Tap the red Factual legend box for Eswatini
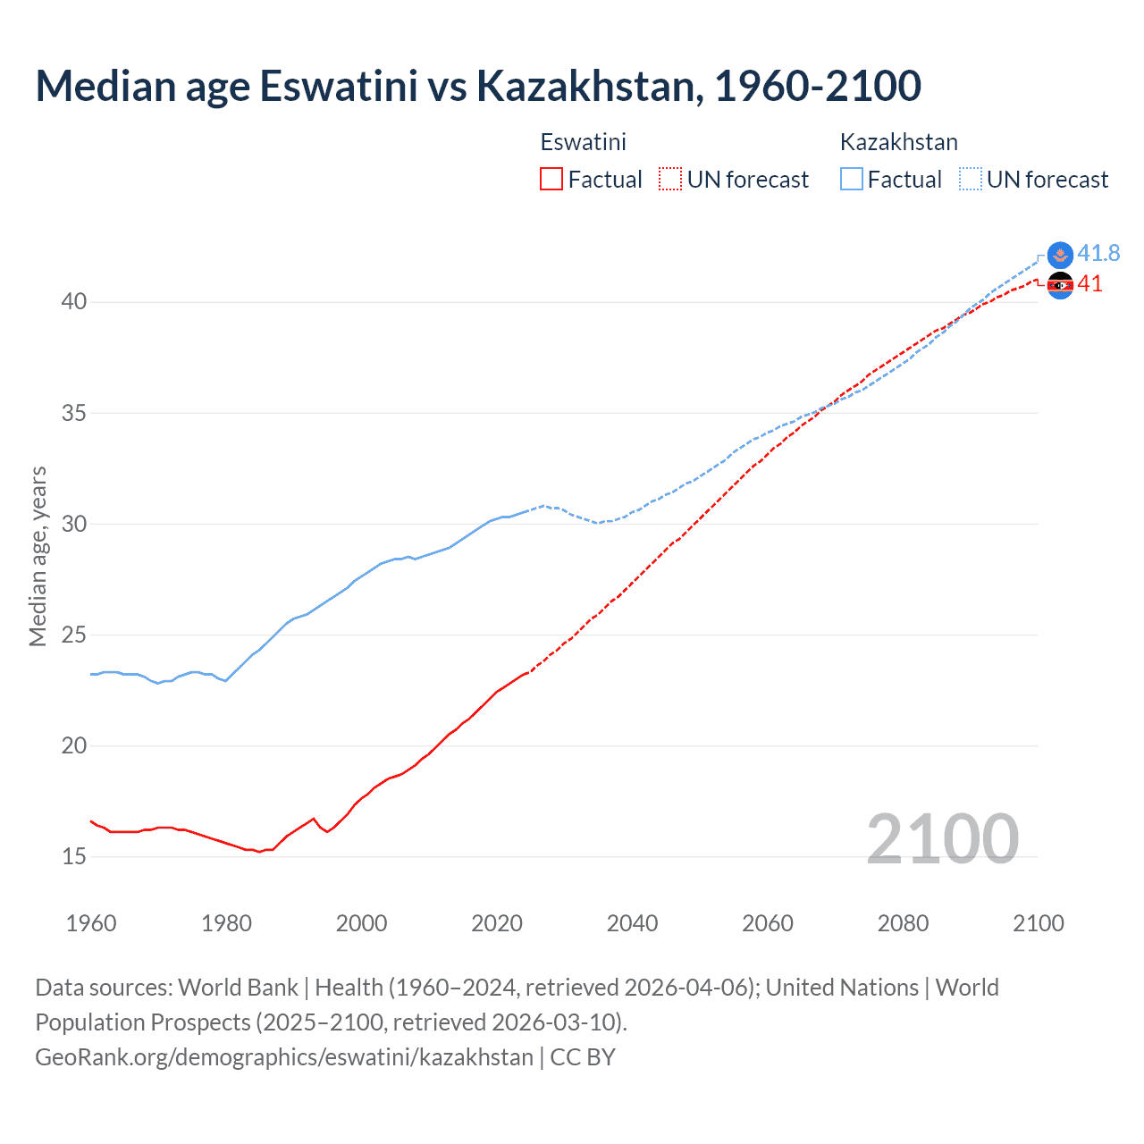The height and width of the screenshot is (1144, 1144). coord(551,179)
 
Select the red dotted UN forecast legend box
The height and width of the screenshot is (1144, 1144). coord(670,179)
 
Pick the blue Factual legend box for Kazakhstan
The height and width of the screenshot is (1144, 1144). coord(852,179)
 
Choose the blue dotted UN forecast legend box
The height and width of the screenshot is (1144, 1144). coord(971,179)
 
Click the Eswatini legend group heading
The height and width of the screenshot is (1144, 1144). coord(583,142)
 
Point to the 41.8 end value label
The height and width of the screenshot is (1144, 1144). coord(1098,254)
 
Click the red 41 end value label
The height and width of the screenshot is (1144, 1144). coord(1089,284)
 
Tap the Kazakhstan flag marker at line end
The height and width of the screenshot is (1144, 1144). coord(1060,255)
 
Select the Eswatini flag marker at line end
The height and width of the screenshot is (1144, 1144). coord(1060,286)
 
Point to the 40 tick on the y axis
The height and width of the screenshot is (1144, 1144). coord(74,302)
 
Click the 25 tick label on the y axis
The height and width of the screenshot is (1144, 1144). coord(74,635)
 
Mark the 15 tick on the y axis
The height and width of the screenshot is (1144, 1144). coord(74,857)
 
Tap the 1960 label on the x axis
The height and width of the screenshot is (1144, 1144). coord(91,923)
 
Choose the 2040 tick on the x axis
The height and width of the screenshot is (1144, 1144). coord(632,923)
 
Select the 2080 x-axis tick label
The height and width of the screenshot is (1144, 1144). coord(903,923)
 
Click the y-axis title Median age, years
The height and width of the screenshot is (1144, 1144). coord(38,556)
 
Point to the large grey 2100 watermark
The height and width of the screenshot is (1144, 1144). coord(942,838)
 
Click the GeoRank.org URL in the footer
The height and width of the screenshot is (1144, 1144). coord(283,1057)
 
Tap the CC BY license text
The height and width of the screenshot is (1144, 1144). coord(583,1057)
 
